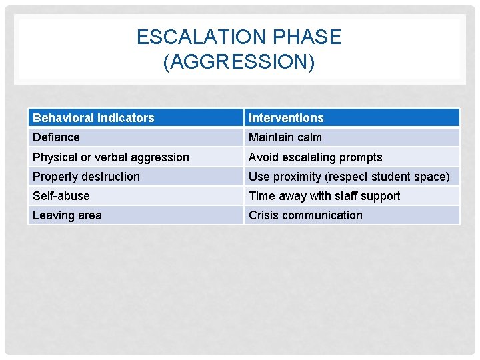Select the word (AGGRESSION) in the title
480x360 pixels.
239,62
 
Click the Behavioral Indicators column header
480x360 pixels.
93,118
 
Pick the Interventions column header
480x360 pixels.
286,118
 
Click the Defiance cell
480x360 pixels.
56,137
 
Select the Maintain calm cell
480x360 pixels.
285,137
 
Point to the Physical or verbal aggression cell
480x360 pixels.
111,157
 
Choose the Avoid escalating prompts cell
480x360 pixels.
315,157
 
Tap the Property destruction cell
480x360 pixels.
86,177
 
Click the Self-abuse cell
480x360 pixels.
61,196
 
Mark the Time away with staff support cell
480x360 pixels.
325,196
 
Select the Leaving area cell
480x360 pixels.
67,215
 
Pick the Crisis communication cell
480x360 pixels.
305,215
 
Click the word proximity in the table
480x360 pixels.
297,177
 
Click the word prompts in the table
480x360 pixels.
361,157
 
